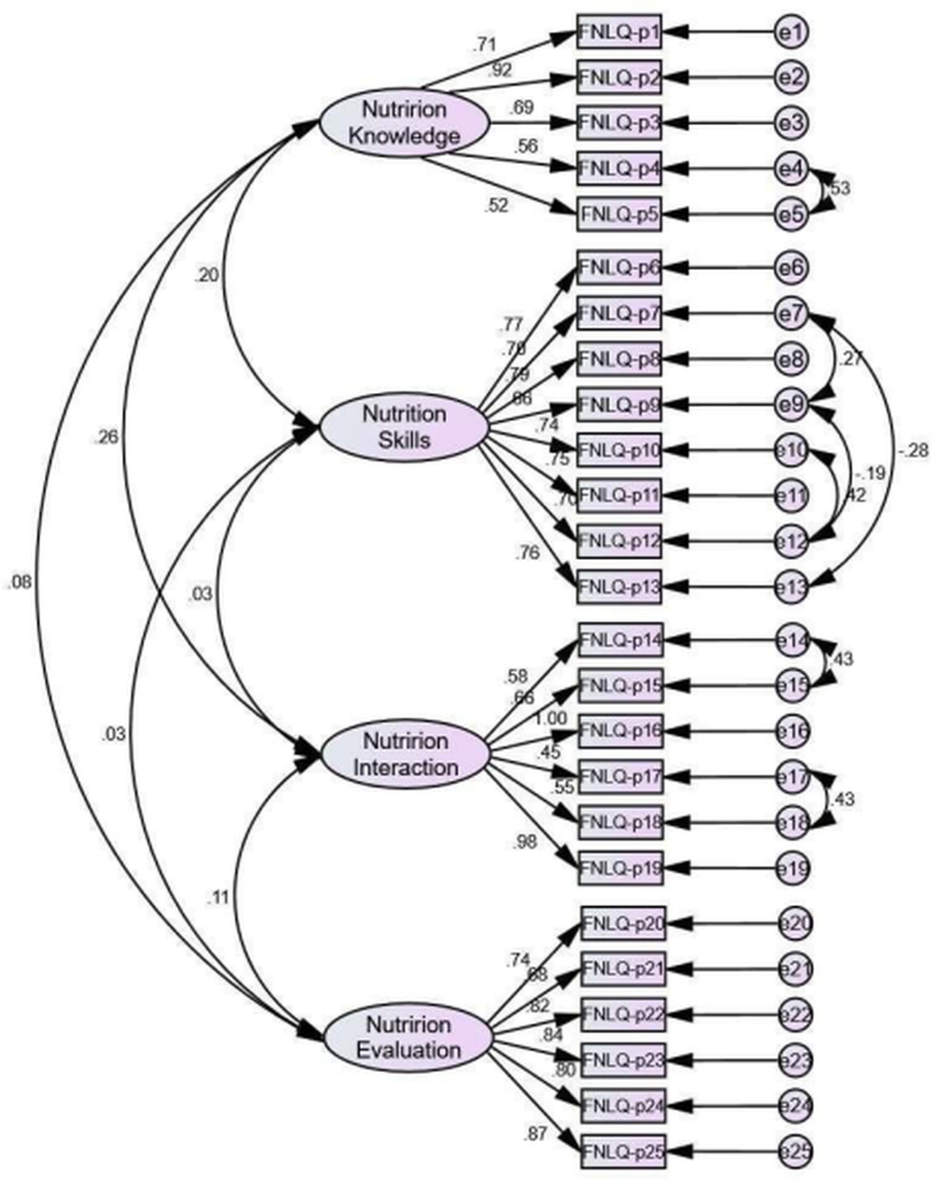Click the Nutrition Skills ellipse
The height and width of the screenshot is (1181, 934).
(x=404, y=428)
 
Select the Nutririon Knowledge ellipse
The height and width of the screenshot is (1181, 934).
(x=404, y=123)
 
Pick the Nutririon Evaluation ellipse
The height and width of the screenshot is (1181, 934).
(x=408, y=1038)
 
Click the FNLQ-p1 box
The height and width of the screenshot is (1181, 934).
(x=618, y=31)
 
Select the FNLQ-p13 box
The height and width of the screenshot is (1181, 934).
(x=618, y=586)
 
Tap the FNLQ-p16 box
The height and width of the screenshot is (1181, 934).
(x=621, y=731)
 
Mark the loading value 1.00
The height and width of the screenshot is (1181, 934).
(x=550, y=719)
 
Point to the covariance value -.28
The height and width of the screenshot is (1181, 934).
(x=912, y=451)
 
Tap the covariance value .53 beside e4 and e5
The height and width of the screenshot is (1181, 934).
(x=838, y=188)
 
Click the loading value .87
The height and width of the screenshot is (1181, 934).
(x=535, y=1134)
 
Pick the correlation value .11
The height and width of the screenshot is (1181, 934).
(x=218, y=898)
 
